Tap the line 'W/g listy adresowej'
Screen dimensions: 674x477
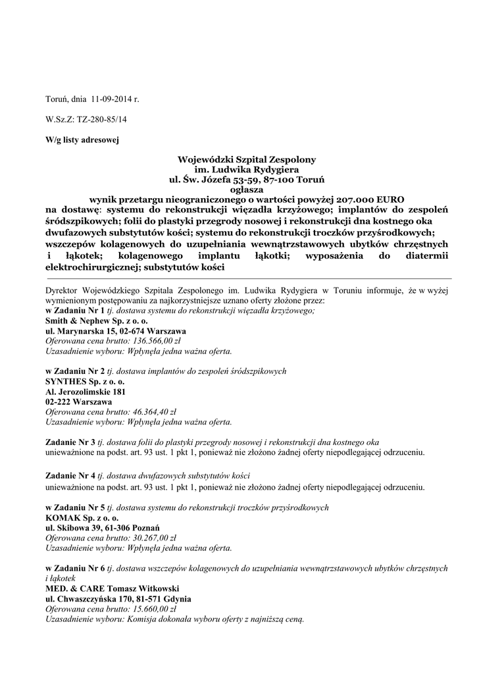tap(82, 140)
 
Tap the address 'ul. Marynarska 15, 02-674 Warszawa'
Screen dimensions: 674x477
tap(115, 331)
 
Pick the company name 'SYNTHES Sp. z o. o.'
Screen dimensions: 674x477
tap(85, 382)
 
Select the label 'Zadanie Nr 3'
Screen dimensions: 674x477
tap(70, 442)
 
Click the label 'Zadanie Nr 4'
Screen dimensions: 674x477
tap(70, 477)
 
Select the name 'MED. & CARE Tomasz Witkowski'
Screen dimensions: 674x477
tap(111, 588)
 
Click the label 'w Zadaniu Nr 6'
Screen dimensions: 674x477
tap(75, 567)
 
